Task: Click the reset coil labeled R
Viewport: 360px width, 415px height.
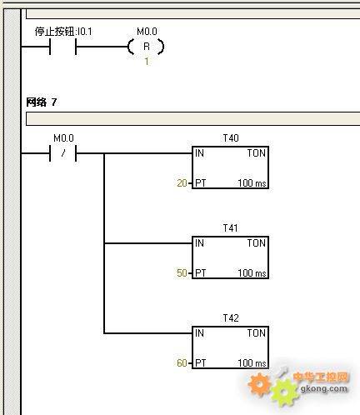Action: click(146, 47)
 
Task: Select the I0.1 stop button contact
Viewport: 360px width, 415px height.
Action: click(62, 47)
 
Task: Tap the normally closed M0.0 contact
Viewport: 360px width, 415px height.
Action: click(62, 153)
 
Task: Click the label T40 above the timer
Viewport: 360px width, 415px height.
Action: click(231, 138)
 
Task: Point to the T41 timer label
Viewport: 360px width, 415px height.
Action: click(230, 228)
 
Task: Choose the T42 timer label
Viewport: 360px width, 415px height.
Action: click(231, 318)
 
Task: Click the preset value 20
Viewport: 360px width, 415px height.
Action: click(182, 183)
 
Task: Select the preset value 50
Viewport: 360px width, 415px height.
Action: click(182, 273)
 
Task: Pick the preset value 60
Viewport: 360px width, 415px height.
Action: click(182, 363)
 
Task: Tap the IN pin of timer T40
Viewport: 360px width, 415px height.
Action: click(199, 153)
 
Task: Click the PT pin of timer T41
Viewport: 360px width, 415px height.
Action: click(201, 273)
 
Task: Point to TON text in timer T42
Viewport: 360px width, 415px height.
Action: click(257, 333)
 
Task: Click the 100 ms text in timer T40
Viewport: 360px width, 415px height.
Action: click(252, 183)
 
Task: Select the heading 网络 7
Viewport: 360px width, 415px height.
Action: click(42, 102)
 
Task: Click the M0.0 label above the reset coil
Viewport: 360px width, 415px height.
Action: click(147, 32)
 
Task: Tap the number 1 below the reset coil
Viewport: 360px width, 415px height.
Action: click(147, 62)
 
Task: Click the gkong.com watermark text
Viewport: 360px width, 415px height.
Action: click(324, 388)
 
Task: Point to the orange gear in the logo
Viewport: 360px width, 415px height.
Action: click(259, 384)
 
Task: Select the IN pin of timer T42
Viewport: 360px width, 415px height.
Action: click(199, 333)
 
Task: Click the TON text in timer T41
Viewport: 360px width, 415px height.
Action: click(257, 243)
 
